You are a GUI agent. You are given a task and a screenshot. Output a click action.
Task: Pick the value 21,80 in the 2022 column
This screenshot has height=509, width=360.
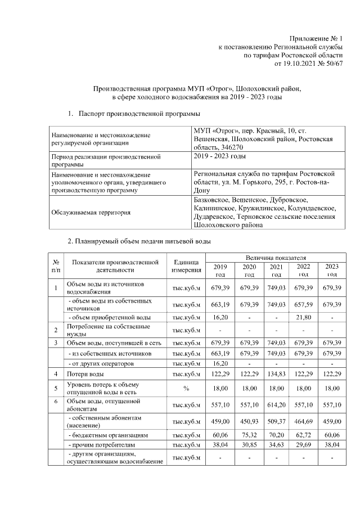[x=303, y=317]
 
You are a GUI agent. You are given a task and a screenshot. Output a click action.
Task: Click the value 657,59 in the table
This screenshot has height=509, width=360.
[x=303, y=304]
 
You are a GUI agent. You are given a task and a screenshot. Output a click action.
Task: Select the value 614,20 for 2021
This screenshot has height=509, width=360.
[x=276, y=404]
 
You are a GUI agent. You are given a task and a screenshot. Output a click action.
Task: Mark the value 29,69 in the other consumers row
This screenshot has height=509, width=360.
[x=303, y=445]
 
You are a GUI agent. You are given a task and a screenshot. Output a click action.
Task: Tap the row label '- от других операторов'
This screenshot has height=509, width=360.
[x=101, y=363]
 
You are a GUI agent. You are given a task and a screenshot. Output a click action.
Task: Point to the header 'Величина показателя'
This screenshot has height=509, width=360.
[x=275, y=257]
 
